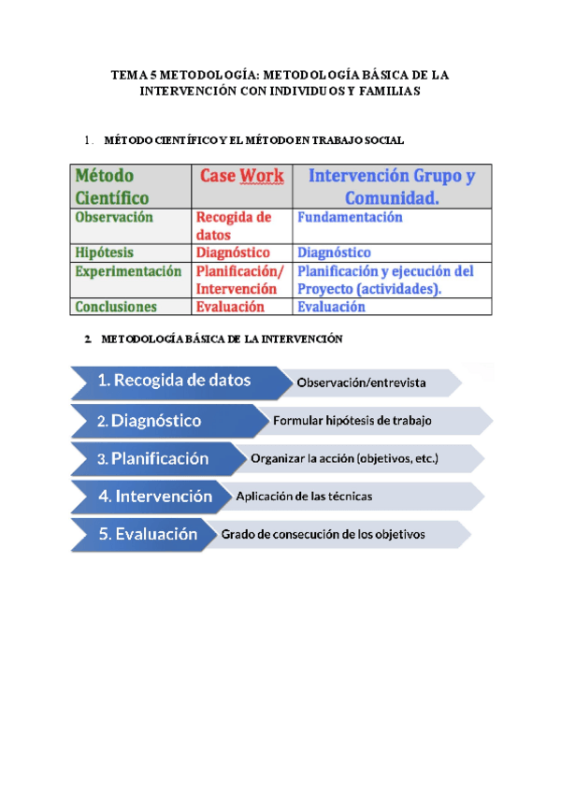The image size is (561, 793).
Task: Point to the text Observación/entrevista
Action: click(362, 382)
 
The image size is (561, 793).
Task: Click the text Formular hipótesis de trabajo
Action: click(352, 421)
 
